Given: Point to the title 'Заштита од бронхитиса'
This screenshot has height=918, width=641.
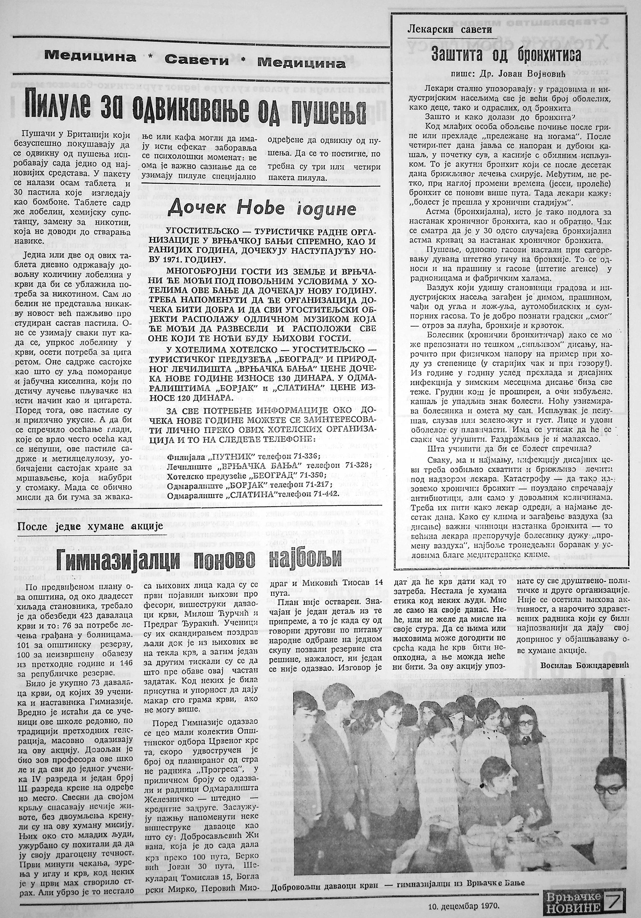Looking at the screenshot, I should (506, 54).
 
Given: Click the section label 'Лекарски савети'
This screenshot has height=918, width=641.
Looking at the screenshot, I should (450, 30).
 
